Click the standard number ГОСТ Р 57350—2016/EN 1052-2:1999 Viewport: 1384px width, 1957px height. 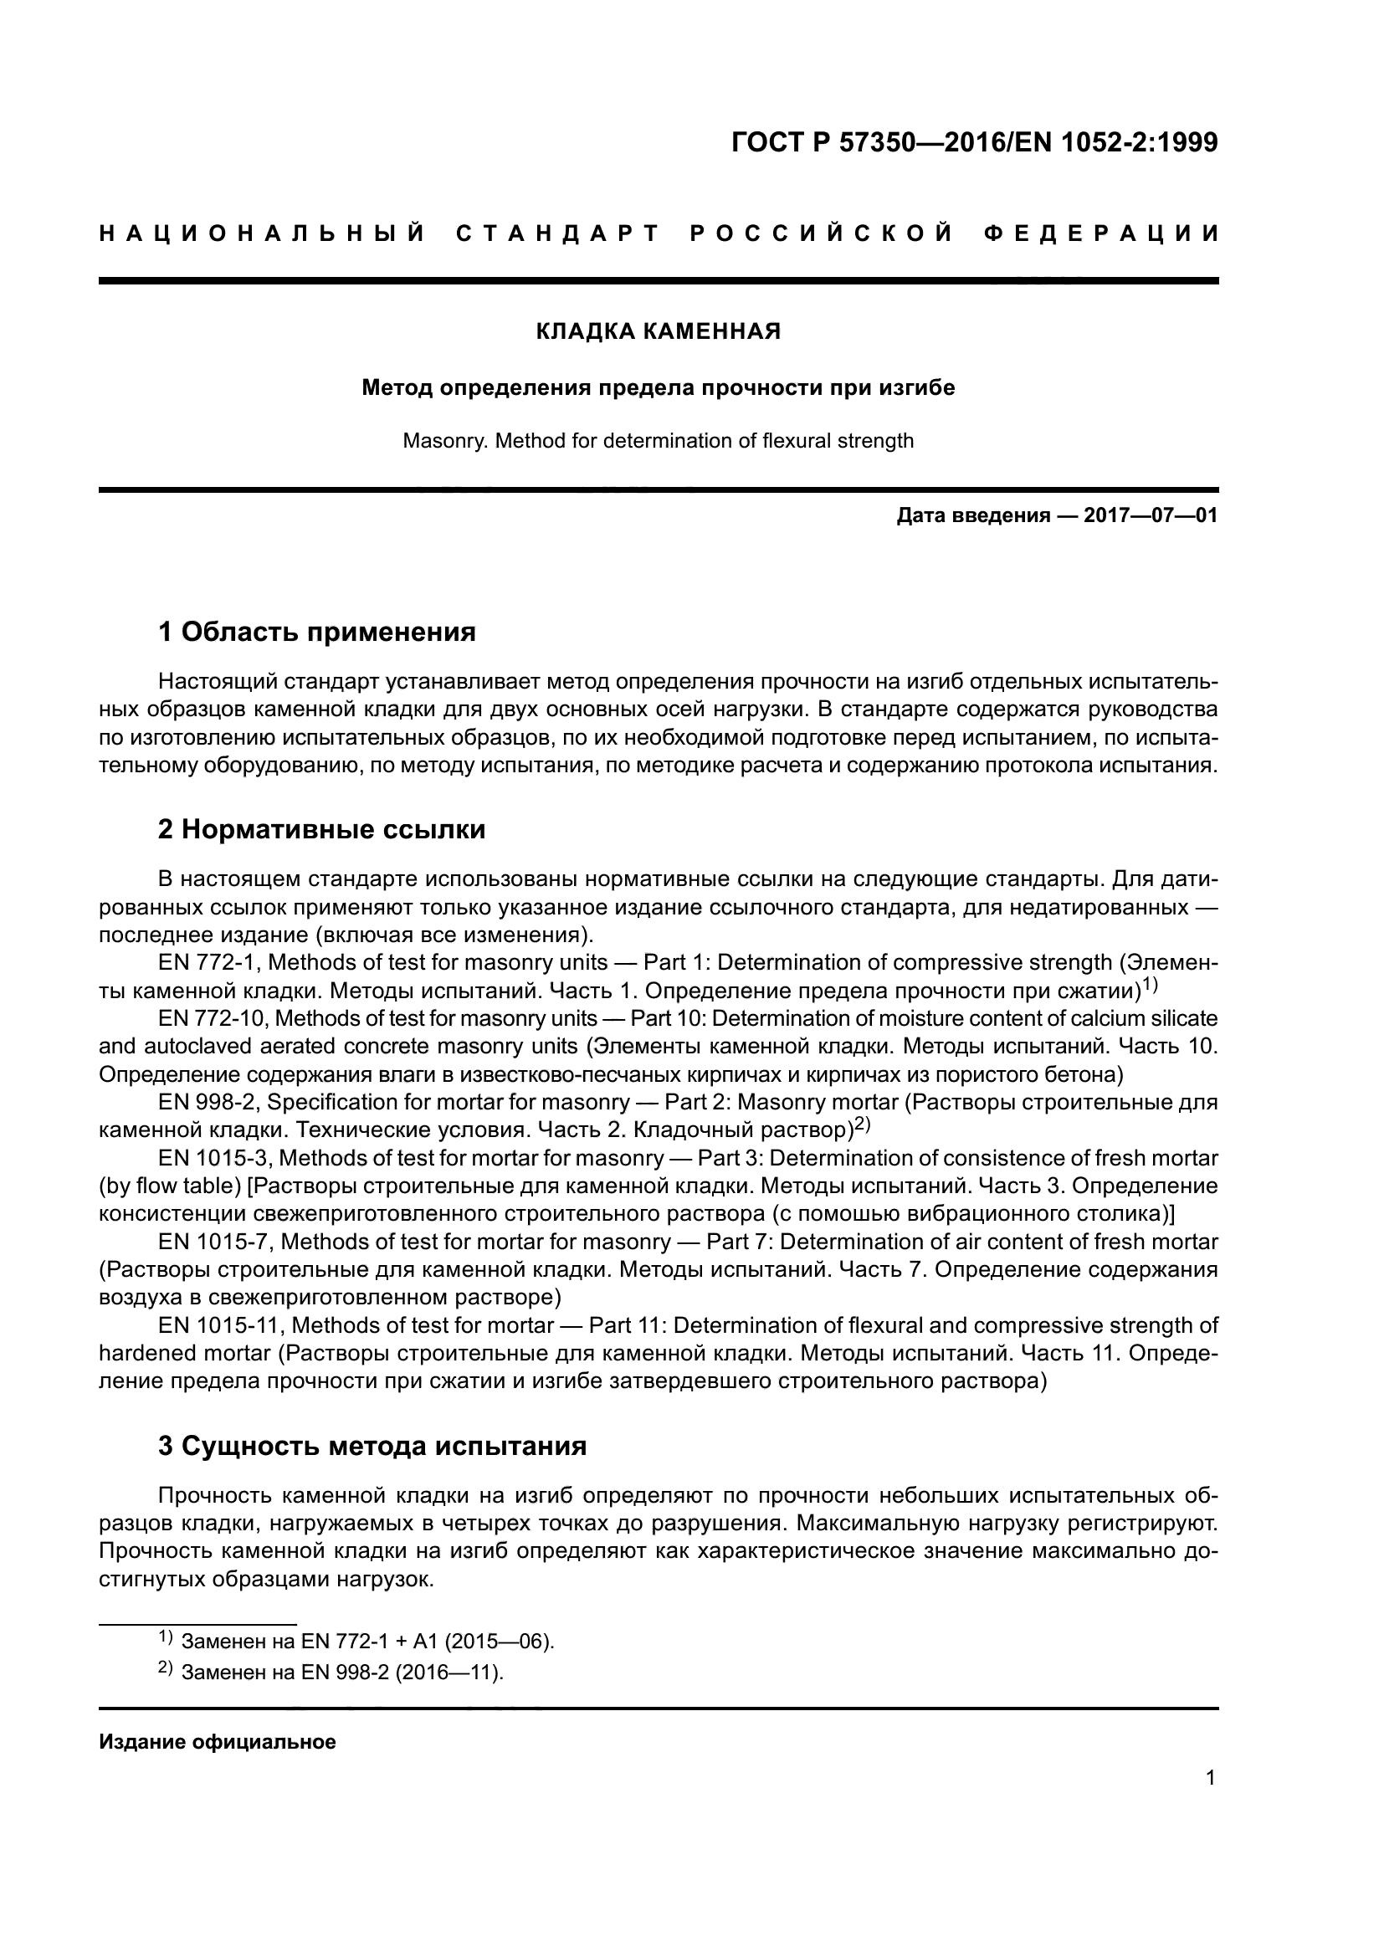point(974,142)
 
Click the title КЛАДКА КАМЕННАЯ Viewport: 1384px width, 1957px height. point(658,331)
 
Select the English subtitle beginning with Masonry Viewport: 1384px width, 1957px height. point(658,442)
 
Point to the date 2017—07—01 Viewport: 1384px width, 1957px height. point(1151,515)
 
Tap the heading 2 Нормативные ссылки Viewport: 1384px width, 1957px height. point(321,828)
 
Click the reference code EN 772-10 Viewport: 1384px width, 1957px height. point(213,1018)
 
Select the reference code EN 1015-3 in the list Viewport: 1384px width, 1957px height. point(215,1157)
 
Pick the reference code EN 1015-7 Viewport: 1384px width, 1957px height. point(215,1241)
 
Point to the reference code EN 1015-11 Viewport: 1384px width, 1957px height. point(220,1324)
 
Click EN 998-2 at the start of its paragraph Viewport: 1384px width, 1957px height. point(208,1102)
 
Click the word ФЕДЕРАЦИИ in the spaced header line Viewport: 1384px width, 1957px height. point(1102,233)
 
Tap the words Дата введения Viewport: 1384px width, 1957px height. point(972,515)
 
